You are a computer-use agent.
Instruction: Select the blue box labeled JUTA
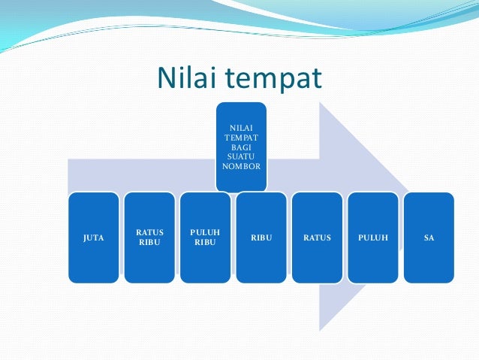pyautogui.click(x=93, y=237)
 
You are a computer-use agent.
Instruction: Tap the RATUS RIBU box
pyautogui.click(x=149, y=237)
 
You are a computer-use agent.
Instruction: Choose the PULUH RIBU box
pyautogui.click(x=205, y=237)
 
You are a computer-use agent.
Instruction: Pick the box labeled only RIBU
pyautogui.click(x=261, y=237)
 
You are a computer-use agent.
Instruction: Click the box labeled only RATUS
pyautogui.click(x=317, y=237)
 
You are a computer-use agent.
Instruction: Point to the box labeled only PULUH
pyautogui.click(x=372, y=237)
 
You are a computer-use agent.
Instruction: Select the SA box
pyautogui.click(x=429, y=237)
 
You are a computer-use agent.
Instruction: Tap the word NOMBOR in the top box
pyautogui.click(x=241, y=165)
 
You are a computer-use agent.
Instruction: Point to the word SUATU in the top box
pyautogui.click(x=241, y=156)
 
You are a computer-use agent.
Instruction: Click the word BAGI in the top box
pyautogui.click(x=241, y=147)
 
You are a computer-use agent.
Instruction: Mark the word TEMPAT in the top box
pyautogui.click(x=241, y=138)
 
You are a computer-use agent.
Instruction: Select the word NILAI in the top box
pyautogui.click(x=241, y=129)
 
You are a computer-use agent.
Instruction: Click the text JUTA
pyautogui.click(x=93, y=238)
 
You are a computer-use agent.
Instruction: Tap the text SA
pyautogui.click(x=429, y=238)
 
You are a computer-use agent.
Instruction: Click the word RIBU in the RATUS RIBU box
pyautogui.click(x=149, y=243)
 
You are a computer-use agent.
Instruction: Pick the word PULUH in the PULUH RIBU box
pyautogui.click(x=205, y=233)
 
